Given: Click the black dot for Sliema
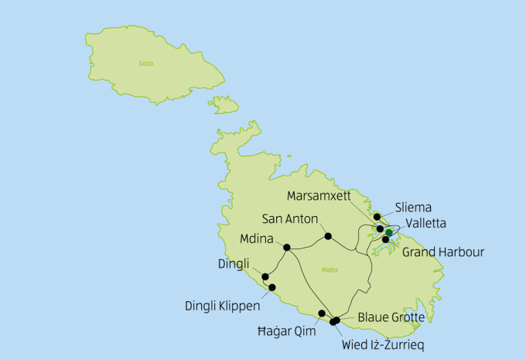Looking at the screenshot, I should (377, 218).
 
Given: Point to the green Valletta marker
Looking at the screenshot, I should (388, 231).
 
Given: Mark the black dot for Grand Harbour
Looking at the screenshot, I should (386, 240).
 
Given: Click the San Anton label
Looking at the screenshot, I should (289, 218).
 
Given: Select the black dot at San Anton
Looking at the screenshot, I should (328, 235).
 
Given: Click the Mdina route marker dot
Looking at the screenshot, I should (287, 248).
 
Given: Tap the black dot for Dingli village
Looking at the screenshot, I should (265, 276).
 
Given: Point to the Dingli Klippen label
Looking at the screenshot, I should (223, 306).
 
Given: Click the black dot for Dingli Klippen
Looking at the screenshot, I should (272, 287).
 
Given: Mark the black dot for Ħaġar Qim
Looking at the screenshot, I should (322, 314).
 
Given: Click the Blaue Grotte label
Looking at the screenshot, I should (391, 317).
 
